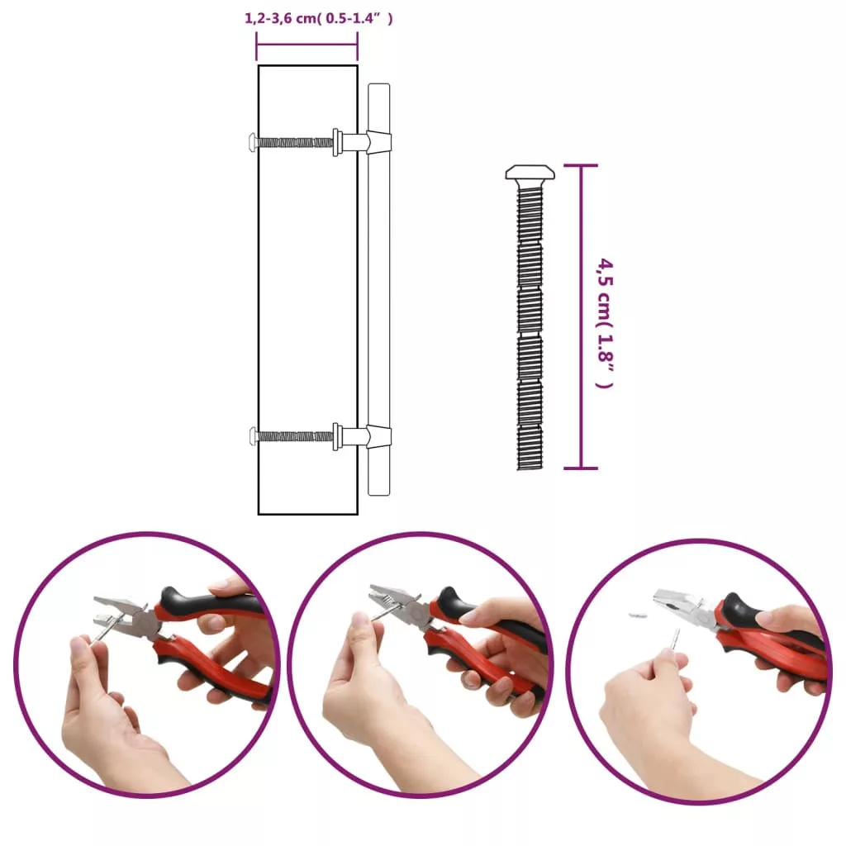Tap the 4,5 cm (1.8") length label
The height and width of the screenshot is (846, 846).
(605, 323)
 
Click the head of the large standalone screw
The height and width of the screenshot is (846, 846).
(530, 173)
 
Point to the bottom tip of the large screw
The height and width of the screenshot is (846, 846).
(530, 468)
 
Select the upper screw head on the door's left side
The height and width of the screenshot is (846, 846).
(253, 142)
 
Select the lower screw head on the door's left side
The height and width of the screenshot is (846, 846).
(253, 436)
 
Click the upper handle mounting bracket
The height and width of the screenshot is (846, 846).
(378, 142)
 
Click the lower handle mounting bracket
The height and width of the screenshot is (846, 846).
(378, 436)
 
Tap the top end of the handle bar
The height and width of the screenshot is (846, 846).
(378, 84)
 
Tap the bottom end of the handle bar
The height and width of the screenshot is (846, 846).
(378, 494)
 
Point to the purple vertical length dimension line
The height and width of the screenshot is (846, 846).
(581, 316)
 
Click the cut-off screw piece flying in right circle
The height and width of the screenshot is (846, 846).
(638, 615)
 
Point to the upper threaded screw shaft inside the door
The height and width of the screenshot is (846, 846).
(295, 142)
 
